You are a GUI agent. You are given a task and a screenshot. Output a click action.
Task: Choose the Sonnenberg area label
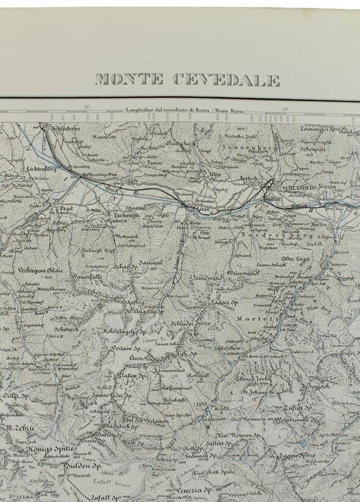pos(252,148)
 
